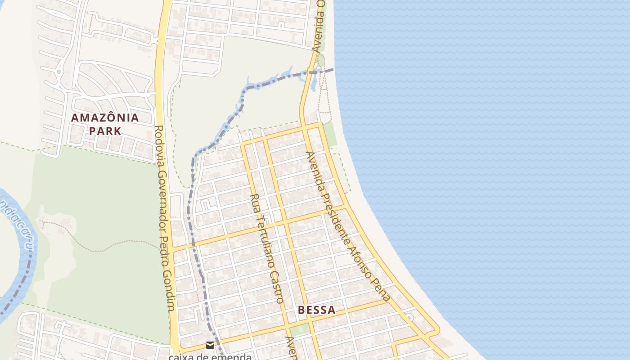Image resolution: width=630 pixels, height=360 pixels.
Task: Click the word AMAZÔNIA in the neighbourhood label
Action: click(105, 118)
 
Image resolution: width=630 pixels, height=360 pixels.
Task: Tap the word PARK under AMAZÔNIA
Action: click(105, 131)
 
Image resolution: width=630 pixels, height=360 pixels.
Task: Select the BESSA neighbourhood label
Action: click(317, 310)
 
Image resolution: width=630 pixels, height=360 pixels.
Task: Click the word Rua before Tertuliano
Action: click(254, 202)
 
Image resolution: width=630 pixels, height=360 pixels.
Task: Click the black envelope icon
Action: click(210, 345)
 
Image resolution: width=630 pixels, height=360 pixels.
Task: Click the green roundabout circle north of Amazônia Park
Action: click(59, 71)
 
